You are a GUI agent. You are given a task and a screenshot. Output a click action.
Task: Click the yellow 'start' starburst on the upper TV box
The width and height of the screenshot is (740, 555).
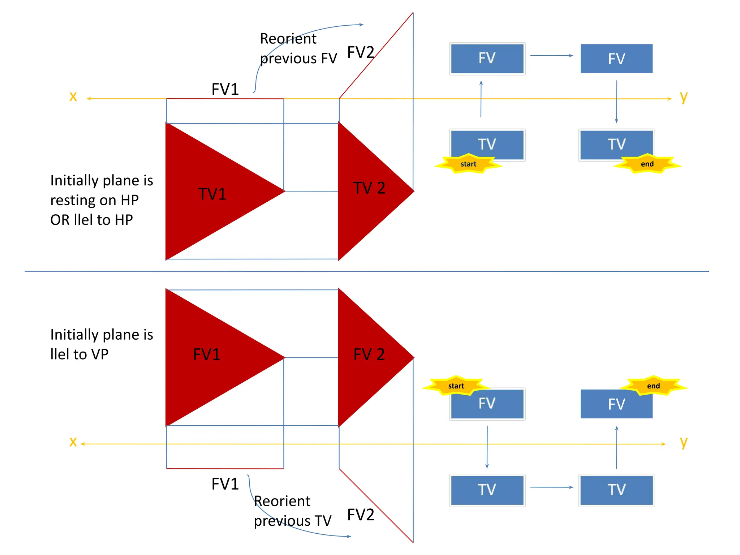[x=468, y=164]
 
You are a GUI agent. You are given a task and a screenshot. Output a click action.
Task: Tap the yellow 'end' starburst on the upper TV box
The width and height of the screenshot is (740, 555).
[x=647, y=164]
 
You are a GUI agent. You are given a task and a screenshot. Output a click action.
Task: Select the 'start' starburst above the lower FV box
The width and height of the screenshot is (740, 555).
[x=456, y=386]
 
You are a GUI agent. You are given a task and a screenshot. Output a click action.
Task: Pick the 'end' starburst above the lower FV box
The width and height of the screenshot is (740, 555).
[x=653, y=386]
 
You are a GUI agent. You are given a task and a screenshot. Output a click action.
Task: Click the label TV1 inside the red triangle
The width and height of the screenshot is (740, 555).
[x=212, y=194]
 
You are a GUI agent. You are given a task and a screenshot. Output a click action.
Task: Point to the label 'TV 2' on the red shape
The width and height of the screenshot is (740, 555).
[x=369, y=188]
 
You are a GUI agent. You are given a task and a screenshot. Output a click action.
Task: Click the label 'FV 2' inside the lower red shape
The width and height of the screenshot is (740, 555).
[x=369, y=354]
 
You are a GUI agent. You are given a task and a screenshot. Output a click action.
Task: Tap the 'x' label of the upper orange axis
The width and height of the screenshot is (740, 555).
[x=73, y=96]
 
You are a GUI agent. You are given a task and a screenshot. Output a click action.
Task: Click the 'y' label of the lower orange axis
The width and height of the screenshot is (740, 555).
[x=683, y=442]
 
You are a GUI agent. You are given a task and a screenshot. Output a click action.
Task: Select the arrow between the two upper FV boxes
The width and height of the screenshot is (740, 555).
[x=551, y=56]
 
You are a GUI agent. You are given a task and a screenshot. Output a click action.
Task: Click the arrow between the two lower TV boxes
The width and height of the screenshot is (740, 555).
[x=551, y=487]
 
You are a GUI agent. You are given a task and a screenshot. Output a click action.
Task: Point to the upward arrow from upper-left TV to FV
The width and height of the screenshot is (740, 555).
[x=481, y=99]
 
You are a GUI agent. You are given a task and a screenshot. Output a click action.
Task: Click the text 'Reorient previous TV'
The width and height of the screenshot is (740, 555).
[x=292, y=511]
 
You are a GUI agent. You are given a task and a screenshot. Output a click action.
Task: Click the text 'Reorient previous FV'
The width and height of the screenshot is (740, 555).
[x=298, y=48]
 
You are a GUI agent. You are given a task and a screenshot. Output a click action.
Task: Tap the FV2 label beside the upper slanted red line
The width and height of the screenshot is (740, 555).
[x=360, y=52]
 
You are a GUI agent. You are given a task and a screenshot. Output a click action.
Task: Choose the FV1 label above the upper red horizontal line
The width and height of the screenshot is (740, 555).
[x=225, y=89]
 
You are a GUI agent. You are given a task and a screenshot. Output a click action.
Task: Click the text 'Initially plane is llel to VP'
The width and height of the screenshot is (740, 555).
[x=102, y=344]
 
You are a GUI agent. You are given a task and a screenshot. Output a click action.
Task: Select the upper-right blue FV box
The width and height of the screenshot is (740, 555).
[x=616, y=59]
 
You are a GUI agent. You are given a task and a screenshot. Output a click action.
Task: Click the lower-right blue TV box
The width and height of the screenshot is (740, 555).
[x=616, y=490]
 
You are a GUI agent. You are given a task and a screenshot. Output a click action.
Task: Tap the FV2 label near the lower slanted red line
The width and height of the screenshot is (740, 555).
[x=360, y=515]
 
